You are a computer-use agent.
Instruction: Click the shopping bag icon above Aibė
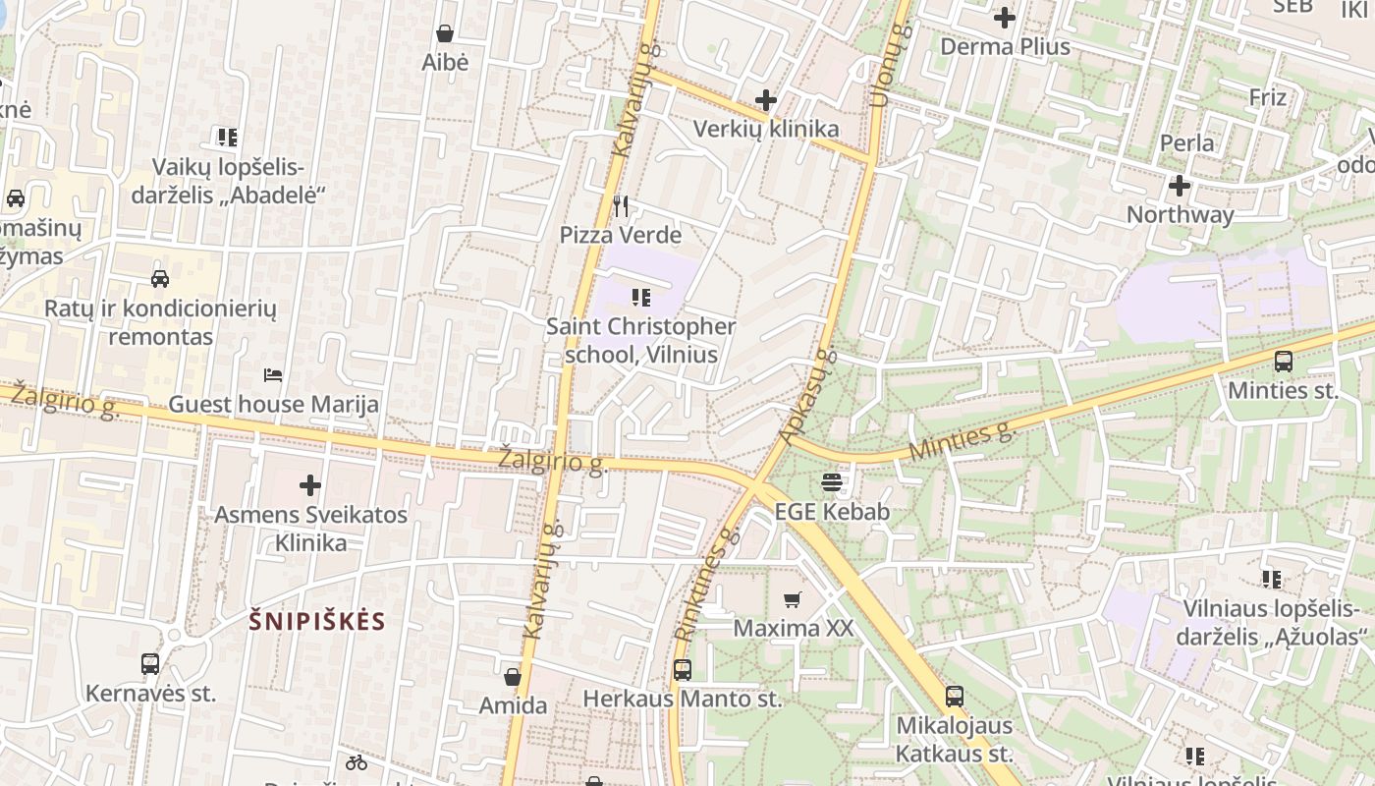coord(445,33)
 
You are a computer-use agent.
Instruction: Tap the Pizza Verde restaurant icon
coord(620,206)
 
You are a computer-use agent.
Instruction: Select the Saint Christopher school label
coord(640,340)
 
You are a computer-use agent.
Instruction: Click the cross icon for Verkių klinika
coord(766,99)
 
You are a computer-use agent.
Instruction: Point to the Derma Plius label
coord(1005,46)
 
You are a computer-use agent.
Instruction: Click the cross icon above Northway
coord(1179,185)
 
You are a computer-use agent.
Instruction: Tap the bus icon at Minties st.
coord(1283,361)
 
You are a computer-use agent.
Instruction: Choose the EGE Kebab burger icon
coord(832,481)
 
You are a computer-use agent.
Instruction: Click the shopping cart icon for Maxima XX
coord(793,598)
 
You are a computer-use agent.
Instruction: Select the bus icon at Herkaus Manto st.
coord(683,670)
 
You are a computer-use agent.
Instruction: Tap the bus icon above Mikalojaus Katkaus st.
coord(954,697)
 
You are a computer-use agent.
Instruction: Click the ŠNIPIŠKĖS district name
coord(317,621)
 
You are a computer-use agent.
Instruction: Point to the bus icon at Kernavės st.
coord(150,664)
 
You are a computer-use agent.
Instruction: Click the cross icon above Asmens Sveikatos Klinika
coord(310,484)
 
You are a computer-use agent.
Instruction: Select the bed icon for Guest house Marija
coord(273,375)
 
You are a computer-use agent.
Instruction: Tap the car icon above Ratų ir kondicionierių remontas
coord(160,279)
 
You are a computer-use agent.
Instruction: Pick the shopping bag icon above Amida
coord(512,677)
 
